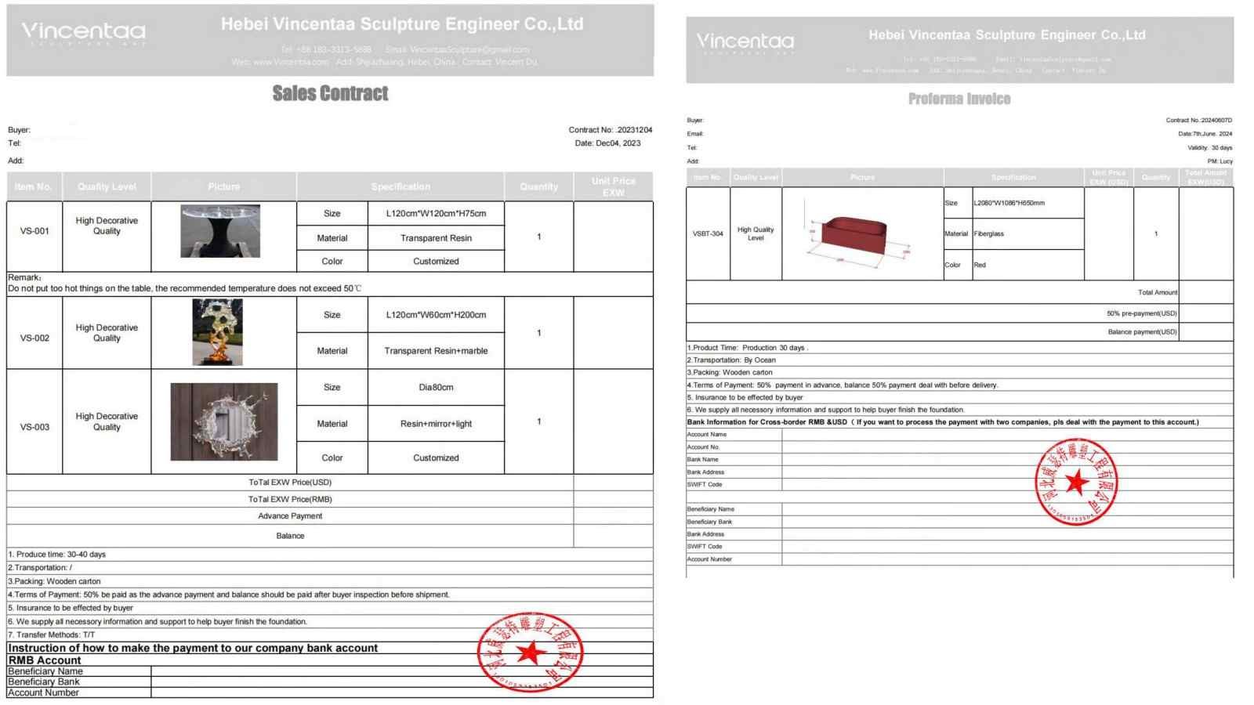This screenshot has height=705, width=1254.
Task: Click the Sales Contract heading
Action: coord(330,93)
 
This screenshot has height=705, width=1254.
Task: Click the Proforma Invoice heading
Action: coord(959,99)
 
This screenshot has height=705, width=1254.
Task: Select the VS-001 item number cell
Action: coord(34,231)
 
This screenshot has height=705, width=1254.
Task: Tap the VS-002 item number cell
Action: coord(34,338)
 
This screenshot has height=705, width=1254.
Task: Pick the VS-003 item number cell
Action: coord(34,427)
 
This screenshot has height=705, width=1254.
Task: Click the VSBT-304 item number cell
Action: coord(708,233)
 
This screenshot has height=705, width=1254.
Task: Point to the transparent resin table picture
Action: coord(220,231)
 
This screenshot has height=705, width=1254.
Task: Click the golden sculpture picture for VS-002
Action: coord(218,332)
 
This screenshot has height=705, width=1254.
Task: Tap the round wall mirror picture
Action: coord(224,421)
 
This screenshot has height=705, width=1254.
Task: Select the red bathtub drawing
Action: coord(854,235)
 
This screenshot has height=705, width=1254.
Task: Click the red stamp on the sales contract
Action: coord(531,652)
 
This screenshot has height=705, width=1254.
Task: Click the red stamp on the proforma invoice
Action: coord(1076,482)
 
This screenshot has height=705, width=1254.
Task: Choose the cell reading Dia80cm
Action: coord(436,387)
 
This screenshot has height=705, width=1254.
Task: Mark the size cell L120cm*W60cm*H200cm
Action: coord(436,315)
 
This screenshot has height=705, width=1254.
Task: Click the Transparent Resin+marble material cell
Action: coord(436,351)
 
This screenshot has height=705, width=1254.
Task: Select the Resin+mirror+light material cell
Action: coord(436,424)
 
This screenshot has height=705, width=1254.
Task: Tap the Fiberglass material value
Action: coord(989,233)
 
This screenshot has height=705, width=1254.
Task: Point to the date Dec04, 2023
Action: coord(618,143)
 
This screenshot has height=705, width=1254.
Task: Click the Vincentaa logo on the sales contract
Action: coord(83,33)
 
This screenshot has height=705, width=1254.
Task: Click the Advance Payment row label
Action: coord(290,516)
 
